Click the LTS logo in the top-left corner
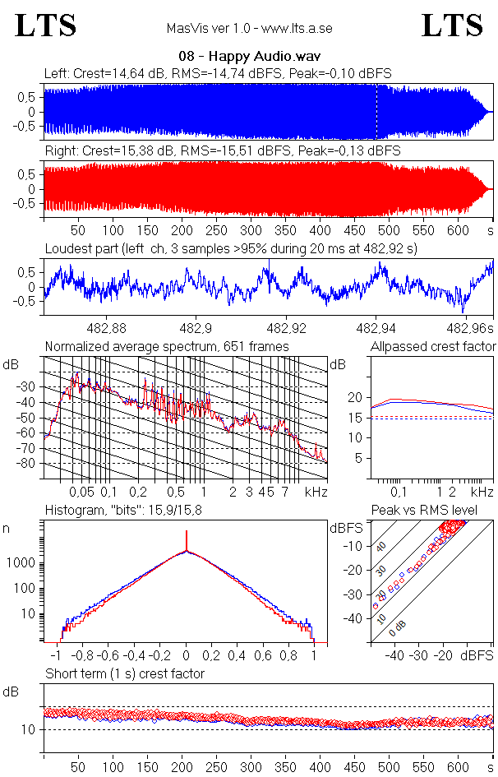coord(46,25)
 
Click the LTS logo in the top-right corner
coord(452,25)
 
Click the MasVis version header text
coord(249,28)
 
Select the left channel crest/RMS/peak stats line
coord(218,74)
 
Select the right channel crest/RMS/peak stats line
coord(222,151)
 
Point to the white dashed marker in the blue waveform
coord(376,112)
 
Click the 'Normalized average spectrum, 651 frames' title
coord(167,347)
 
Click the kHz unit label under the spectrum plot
coord(316,492)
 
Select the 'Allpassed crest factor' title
coord(433,347)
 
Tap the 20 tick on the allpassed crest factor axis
coord(354,397)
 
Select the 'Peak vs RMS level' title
coord(424,511)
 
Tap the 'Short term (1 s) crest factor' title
coord(124,674)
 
